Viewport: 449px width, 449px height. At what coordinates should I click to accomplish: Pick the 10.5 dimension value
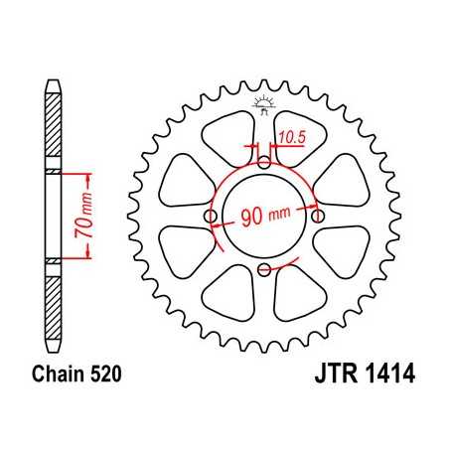(x=291, y=136)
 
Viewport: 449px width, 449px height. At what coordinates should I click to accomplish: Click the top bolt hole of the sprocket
(x=263, y=162)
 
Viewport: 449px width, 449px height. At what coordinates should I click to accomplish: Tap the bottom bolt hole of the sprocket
(x=263, y=269)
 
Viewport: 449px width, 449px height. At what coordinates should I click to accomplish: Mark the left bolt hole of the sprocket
(x=210, y=216)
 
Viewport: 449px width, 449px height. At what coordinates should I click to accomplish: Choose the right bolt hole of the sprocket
(x=317, y=216)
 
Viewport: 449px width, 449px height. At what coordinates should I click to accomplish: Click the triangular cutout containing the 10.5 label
(x=292, y=138)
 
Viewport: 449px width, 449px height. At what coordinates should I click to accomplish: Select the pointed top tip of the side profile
(x=52, y=79)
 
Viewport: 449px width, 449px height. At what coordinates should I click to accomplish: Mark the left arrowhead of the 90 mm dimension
(x=216, y=227)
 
